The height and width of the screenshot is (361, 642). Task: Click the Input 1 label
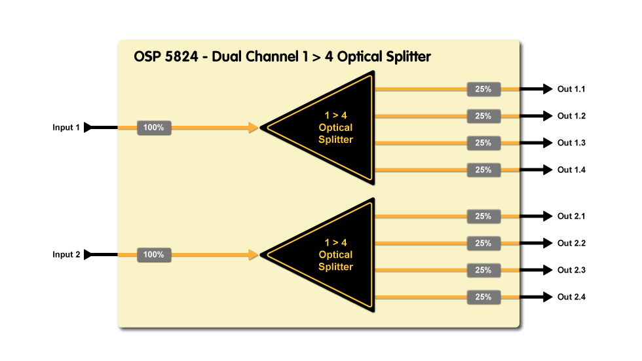coord(66,128)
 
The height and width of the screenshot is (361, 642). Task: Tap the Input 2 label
coord(66,255)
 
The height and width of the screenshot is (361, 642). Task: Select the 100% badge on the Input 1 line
coord(154,128)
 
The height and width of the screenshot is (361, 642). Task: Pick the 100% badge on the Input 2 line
coord(154,255)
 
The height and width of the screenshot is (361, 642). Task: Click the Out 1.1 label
coord(571,89)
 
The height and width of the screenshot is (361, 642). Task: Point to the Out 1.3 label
coord(571,143)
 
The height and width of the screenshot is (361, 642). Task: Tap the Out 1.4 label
coord(571,170)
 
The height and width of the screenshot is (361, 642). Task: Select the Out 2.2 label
coord(571,244)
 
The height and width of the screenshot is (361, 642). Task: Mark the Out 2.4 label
coord(571,297)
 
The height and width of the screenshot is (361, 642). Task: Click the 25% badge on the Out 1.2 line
coord(483,116)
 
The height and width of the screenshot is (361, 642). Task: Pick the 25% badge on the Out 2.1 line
coord(483,216)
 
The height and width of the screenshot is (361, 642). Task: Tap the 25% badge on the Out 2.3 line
coord(483,270)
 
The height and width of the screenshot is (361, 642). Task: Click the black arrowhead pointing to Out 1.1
coord(547,89)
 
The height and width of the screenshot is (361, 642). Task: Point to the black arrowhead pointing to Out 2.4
coord(547,297)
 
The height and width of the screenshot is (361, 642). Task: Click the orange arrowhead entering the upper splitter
coord(254,128)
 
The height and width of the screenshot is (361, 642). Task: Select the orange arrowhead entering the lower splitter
coord(254,255)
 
